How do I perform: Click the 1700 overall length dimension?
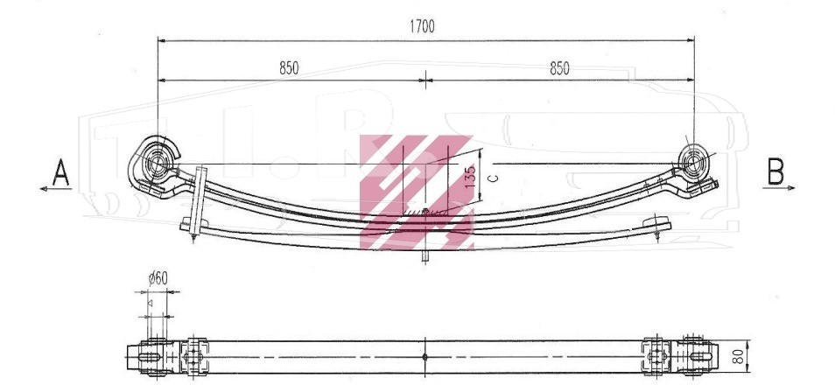tap(422, 26)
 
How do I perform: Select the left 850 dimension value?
tap(289, 68)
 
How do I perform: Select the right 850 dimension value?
tap(559, 69)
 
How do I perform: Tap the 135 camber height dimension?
tap(470, 176)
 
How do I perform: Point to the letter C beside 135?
tap(494, 178)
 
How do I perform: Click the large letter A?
tap(60, 172)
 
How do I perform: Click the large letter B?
tap(775, 171)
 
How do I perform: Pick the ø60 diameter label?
tap(158, 278)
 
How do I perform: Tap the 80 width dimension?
tap(738, 356)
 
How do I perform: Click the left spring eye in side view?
tap(158, 164)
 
